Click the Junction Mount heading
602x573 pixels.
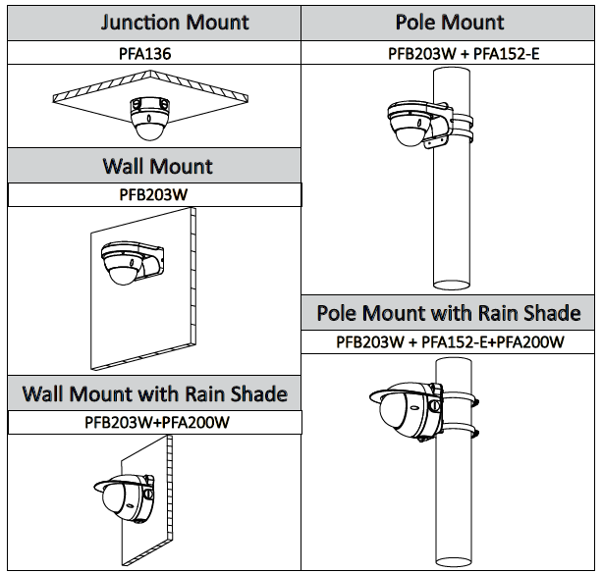[155, 21]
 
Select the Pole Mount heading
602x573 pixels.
[450, 21]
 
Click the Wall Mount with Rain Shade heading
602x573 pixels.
[155, 394]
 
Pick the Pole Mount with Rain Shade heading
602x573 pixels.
[449, 314]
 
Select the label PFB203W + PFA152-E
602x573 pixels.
[449, 52]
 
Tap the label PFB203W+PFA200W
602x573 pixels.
[155, 422]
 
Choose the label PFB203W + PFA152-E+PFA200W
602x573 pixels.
[449, 341]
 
